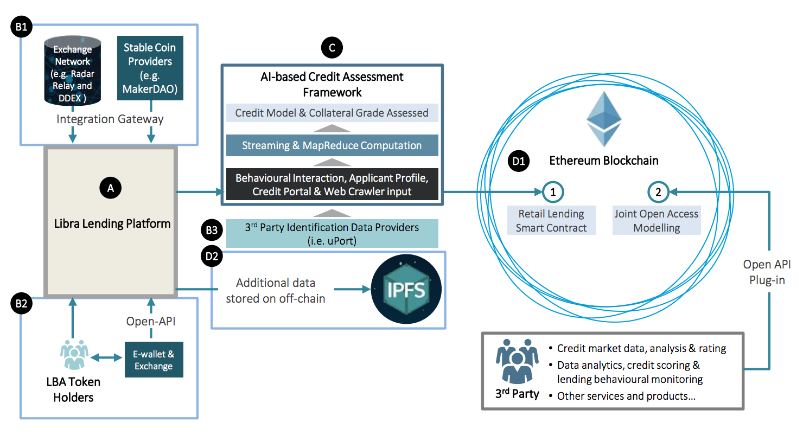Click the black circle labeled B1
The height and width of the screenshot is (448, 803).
[22, 27]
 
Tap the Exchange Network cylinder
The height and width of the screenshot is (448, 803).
[72, 71]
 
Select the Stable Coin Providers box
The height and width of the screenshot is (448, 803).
[150, 68]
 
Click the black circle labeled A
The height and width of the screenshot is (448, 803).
[111, 188]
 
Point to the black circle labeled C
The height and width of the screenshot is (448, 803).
[332, 47]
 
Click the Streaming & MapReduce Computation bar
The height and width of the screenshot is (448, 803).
[332, 145]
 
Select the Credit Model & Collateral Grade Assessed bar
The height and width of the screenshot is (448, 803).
[332, 113]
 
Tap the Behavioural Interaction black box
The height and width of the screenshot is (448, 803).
[332, 184]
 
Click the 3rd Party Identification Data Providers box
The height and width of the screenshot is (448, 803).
[332, 233]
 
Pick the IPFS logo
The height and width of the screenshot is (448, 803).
[406, 289]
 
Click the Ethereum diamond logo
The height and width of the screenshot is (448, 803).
[604, 119]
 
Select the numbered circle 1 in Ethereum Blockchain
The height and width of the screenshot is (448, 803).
[553, 192]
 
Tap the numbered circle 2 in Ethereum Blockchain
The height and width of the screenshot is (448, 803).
[658, 192]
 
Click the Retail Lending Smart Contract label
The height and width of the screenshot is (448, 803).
[551, 220]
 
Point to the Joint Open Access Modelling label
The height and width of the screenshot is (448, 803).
[657, 220]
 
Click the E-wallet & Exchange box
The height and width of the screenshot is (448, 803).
[154, 360]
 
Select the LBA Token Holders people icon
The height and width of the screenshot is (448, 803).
[74, 355]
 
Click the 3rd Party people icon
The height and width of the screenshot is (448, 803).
[517, 361]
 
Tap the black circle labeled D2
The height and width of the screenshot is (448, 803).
[212, 256]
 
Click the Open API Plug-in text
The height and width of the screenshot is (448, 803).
[767, 272]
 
